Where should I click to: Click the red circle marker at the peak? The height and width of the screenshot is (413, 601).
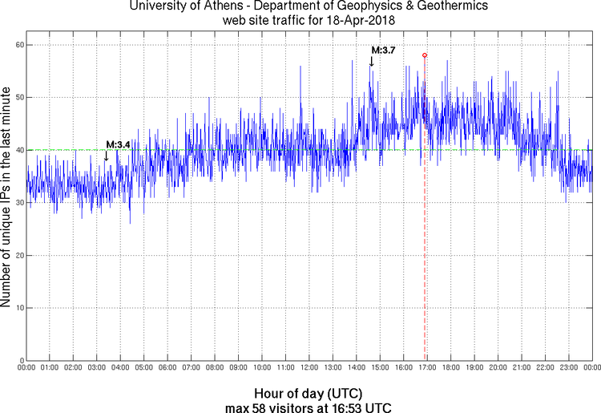(x=425, y=55)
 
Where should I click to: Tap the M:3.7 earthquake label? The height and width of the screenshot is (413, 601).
(x=383, y=51)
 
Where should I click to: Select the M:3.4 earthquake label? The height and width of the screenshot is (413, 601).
(x=118, y=144)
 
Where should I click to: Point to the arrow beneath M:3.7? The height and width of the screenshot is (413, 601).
(x=371, y=62)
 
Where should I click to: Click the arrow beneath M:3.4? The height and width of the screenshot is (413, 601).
(x=107, y=156)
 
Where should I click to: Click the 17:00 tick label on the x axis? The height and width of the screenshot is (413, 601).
(x=427, y=367)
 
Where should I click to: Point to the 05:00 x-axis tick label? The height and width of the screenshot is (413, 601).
(x=143, y=367)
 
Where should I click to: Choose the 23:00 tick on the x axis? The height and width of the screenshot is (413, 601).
(x=569, y=367)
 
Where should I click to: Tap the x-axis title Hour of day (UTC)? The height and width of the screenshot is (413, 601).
(x=309, y=394)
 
